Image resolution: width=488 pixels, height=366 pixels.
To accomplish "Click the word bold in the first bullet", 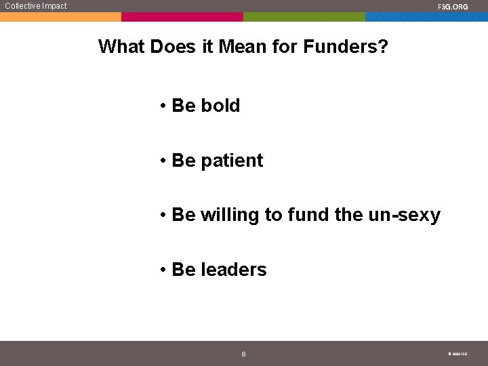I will point(220,106).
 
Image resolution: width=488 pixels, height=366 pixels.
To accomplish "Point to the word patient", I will point(232,161).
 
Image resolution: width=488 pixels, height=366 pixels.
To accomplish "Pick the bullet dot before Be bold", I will point(164,106).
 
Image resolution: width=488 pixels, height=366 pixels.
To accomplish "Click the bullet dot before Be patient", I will point(164,161).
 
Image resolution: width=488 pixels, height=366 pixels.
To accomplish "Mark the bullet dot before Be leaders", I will point(164,270).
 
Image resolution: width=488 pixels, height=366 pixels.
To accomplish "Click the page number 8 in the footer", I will point(244,354).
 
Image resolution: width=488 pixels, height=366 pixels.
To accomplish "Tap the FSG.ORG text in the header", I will point(453,7).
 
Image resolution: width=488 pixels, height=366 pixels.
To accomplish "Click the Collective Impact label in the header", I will point(36,6).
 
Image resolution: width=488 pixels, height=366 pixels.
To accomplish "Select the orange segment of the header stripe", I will point(61,17).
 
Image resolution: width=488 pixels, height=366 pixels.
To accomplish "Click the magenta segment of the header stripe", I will point(182,17).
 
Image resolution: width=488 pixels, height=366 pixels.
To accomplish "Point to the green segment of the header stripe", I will point(304,17).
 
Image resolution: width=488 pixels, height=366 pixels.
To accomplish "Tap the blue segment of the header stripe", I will point(426,17).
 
